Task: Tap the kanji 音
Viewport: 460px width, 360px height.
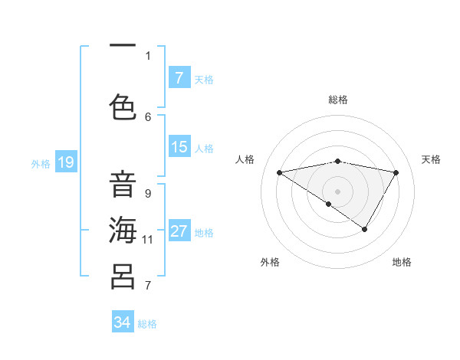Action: pyautogui.click(x=123, y=185)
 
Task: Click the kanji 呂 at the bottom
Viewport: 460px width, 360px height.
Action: pyautogui.click(x=123, y=275)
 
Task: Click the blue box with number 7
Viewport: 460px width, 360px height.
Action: pyautogui.click(x=179, y=77)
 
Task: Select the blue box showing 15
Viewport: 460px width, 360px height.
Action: pyautogui.click(x=179, y=147)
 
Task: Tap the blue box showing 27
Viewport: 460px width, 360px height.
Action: pyautogui.click(x=179, y=231)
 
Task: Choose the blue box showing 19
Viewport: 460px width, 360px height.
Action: pyautogui.click(x=66, y=162)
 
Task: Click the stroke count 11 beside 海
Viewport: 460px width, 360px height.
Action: pyautogui.click(x=148, y=239)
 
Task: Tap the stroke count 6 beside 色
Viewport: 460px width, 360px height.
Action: pyautogui.click(x=148, y=116)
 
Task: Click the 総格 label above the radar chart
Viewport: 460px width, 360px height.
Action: pyautogui.click(x=337, y=100)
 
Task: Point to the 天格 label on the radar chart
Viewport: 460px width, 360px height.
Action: pyautogui.click(x=432, y=159)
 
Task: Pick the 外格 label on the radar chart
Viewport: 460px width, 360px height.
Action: pyautogui.click(x=270, y=262)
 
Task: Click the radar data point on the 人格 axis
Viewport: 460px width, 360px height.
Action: pyautogui.click(x=279, y=172)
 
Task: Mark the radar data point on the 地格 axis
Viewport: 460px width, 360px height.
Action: pyautogui.click(x=365, y=229)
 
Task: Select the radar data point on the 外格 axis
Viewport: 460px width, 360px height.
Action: pyautogui.click(x=328, y=204)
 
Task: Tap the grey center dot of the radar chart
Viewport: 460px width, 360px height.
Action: pyautogui.click(x=337, y=191)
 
